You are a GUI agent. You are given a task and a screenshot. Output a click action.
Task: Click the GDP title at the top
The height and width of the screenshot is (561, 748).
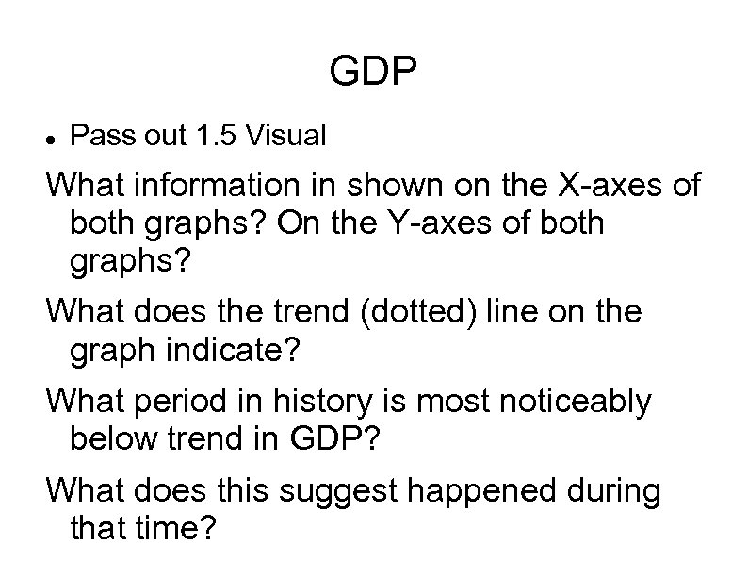coord(374,73)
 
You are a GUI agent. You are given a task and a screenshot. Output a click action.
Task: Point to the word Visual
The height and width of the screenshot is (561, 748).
coord(285,137)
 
